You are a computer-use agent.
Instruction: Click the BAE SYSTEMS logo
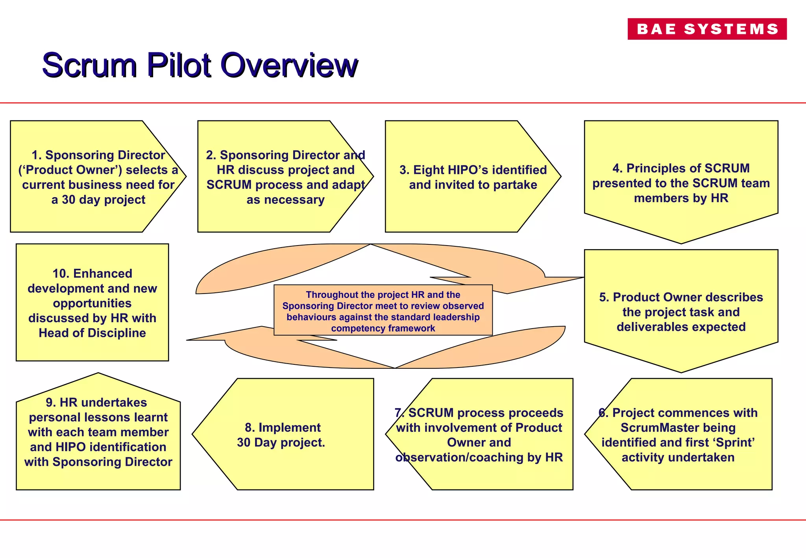[x=707, y=29]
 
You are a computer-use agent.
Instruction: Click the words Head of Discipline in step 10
[x=92, y=333]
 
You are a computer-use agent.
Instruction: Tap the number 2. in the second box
[x=211, y=155]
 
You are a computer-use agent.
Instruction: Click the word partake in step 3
[x=515, y=185]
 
